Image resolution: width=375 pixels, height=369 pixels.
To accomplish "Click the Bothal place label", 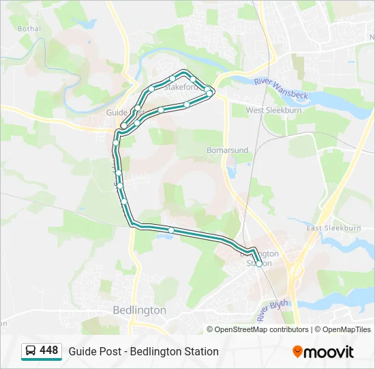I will click(30, 29).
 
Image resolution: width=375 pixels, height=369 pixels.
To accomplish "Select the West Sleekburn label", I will click(273, 110).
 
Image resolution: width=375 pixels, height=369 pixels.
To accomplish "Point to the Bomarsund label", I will click(227, 150).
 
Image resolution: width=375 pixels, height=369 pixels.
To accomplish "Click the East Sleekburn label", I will click(333, 228).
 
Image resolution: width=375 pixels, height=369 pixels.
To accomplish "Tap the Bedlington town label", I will click(139, 310).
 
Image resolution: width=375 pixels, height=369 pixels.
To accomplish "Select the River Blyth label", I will click(273, 309).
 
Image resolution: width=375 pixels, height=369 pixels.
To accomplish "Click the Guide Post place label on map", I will click(117, 112).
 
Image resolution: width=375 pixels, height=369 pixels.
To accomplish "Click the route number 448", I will click(49, 351).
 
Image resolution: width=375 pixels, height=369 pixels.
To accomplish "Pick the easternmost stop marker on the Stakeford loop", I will click(211, 92).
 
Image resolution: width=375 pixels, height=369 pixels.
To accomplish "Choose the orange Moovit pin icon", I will click(297, 352).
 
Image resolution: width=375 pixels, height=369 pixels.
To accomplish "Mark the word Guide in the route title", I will click(81, 351).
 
